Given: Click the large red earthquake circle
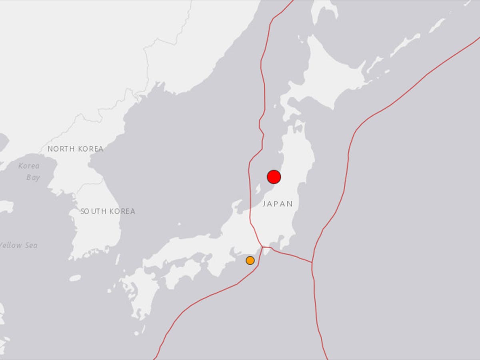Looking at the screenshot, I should pos(274,177).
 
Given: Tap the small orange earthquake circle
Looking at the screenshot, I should pos(250,260).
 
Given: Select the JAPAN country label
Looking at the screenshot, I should pos(278,204).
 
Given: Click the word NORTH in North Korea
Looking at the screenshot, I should pos(61,149).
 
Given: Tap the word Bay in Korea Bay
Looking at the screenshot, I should pos(33,177).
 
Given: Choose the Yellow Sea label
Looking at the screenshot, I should pos(18,245).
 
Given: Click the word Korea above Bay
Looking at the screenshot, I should pos(29,166).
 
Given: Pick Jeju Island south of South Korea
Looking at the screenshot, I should pos(75,278).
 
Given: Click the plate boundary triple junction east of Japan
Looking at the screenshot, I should pos(312,263).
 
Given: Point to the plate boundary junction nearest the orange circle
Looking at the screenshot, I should pos(262,247).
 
